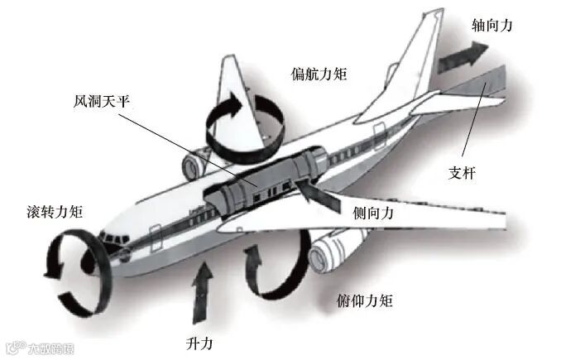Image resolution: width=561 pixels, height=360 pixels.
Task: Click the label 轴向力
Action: click(x=492, y=26)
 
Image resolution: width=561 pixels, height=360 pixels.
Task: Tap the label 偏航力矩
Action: click(x=319, y=73)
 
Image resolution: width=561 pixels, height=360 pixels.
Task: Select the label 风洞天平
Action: click(x=103, y=103)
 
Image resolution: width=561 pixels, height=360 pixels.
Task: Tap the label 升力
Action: click(x=199, y=341)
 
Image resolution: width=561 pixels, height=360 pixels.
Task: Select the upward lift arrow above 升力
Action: click(x=199, y=295)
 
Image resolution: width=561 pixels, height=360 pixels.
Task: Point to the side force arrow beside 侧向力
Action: click(x=318, y=196)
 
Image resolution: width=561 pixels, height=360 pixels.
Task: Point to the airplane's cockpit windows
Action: click(x=110, y=239)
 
